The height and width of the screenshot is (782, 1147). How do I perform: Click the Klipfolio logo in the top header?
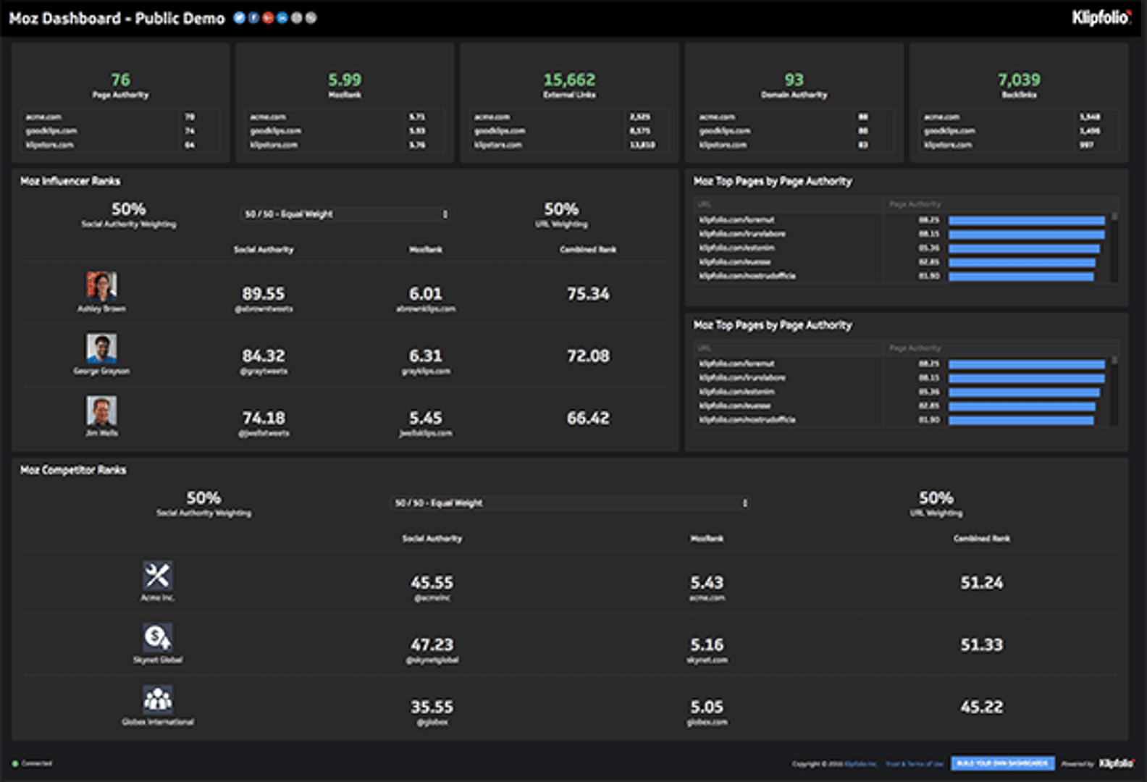1101,17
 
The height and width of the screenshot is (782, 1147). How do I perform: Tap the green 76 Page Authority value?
120,80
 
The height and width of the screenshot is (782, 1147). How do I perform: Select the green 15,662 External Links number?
569,80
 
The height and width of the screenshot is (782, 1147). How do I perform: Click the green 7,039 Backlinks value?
1018,80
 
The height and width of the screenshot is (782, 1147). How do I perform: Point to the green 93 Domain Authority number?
794,80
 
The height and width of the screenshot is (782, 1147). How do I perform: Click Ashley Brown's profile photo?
101,287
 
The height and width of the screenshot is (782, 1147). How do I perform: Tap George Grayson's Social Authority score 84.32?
264,356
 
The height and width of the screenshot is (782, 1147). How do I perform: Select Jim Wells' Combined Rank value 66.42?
588,418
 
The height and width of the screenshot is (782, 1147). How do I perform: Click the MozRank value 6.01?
425,294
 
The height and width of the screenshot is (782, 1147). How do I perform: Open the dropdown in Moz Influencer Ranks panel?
345,214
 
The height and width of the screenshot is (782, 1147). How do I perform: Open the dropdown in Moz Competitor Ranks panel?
570,503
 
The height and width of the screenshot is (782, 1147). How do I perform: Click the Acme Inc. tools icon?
157,576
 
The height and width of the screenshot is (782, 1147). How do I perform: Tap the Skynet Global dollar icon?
157,638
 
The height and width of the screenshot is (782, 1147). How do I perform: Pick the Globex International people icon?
157,699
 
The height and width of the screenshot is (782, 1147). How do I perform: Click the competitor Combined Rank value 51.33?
981,644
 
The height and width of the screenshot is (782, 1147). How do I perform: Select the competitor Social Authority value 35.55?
432,707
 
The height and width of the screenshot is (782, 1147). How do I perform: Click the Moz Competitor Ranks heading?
73,470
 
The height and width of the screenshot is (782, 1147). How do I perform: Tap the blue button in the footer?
1002,763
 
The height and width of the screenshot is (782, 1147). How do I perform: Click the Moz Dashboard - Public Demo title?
117,19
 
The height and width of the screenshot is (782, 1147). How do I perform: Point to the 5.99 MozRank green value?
345,80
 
